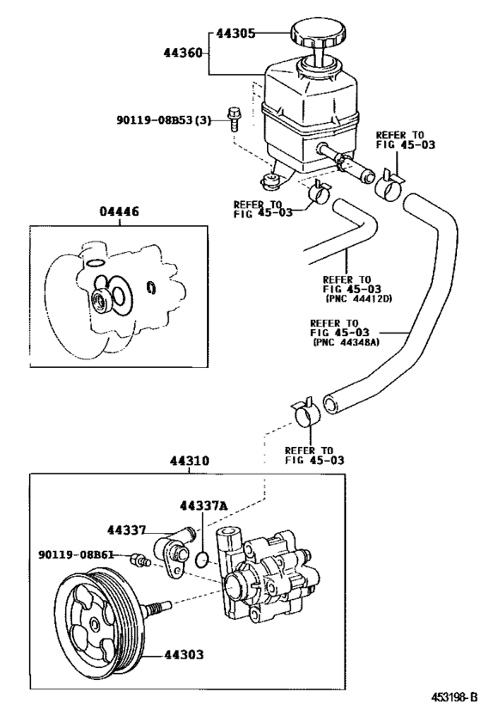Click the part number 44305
tap(236, 34)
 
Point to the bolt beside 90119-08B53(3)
tap(233, 117)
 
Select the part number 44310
tap(197, 461)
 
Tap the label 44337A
tap(204, 505)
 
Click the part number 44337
tap(127, 530)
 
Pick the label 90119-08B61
tap(76, 554)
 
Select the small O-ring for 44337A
tap(200, 560)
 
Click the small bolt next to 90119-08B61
tap(138, 560)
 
